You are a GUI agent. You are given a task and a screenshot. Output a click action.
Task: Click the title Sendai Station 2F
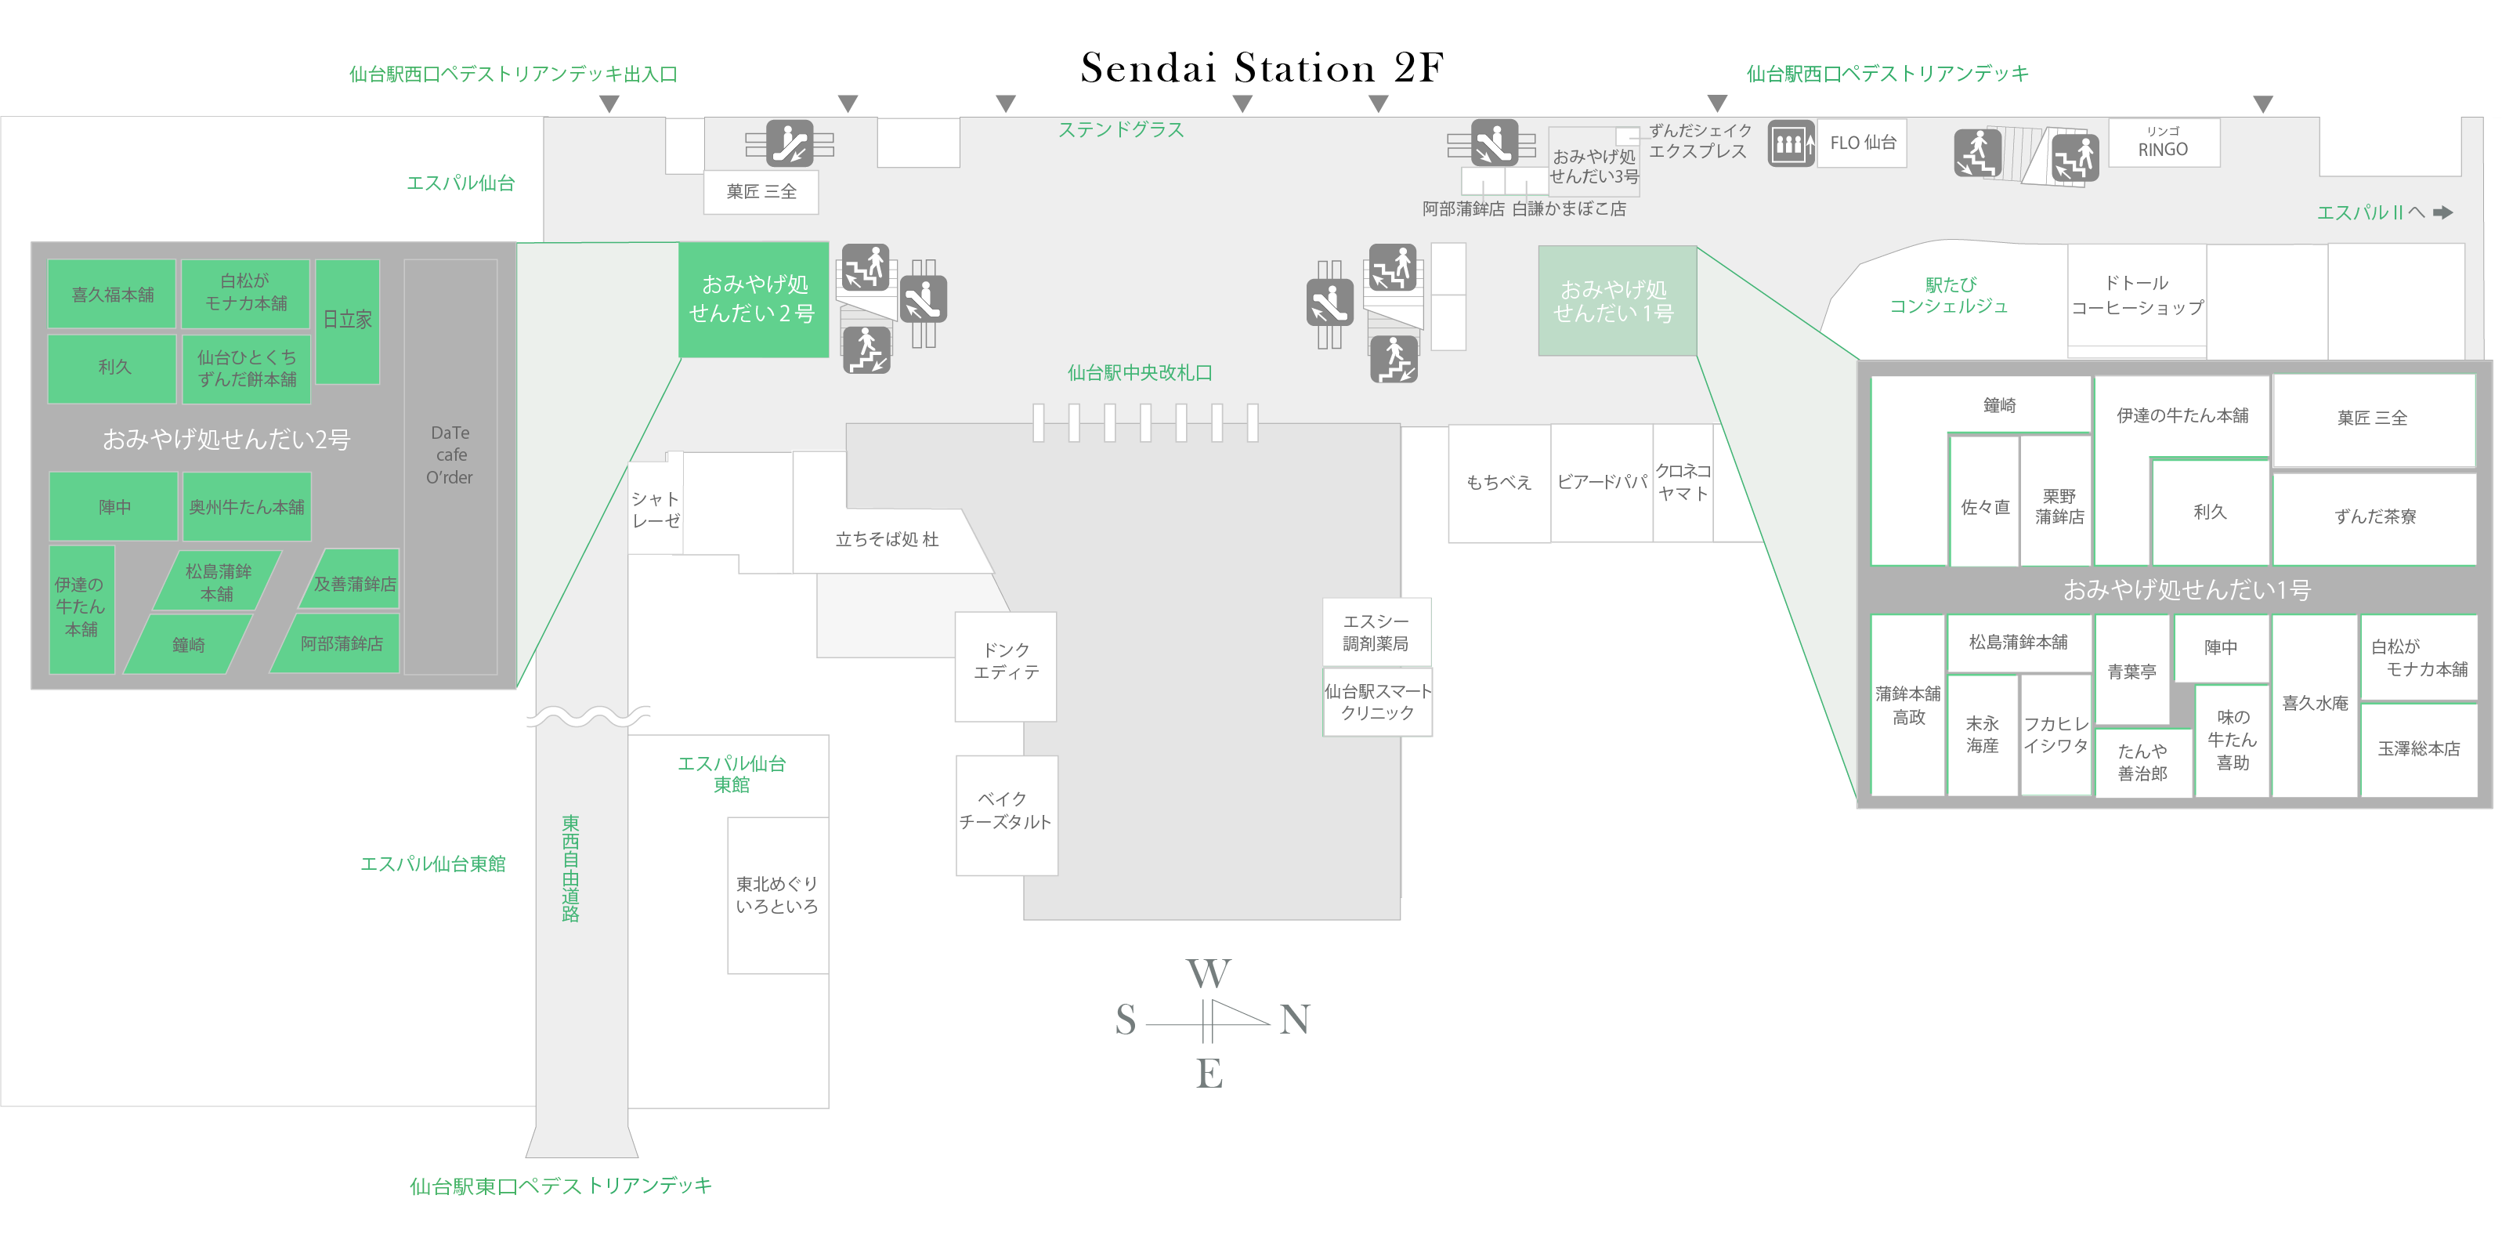point(1262,68)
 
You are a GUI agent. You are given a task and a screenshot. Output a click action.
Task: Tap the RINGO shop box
point(2163,144)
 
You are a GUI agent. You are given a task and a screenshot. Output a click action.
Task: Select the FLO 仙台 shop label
point(1862,143)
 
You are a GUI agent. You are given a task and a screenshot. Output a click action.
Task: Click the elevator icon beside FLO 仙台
point(1790,145)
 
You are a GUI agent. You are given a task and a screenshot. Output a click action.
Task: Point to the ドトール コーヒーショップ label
point(2137,295)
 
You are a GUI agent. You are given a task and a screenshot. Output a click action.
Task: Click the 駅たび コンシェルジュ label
point(1948,295)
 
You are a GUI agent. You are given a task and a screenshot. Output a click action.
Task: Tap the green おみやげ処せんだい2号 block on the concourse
point(753,299)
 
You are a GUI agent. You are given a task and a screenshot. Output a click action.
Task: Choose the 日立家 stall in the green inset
point(348,320)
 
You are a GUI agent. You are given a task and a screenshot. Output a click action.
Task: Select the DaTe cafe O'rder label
point(450,455)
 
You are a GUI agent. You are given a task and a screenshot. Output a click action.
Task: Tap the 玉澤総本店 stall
point(2418,749)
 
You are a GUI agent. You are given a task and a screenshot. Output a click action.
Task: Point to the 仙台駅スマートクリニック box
point(1377,701)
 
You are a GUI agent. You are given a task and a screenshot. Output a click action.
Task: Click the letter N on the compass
point(1295,1020)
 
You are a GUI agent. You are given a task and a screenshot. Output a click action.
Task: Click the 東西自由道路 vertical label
point(570,867)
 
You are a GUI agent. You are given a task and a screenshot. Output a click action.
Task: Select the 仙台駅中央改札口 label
point(1139,373)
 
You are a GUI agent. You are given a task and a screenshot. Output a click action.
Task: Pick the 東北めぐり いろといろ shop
point(777,895)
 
